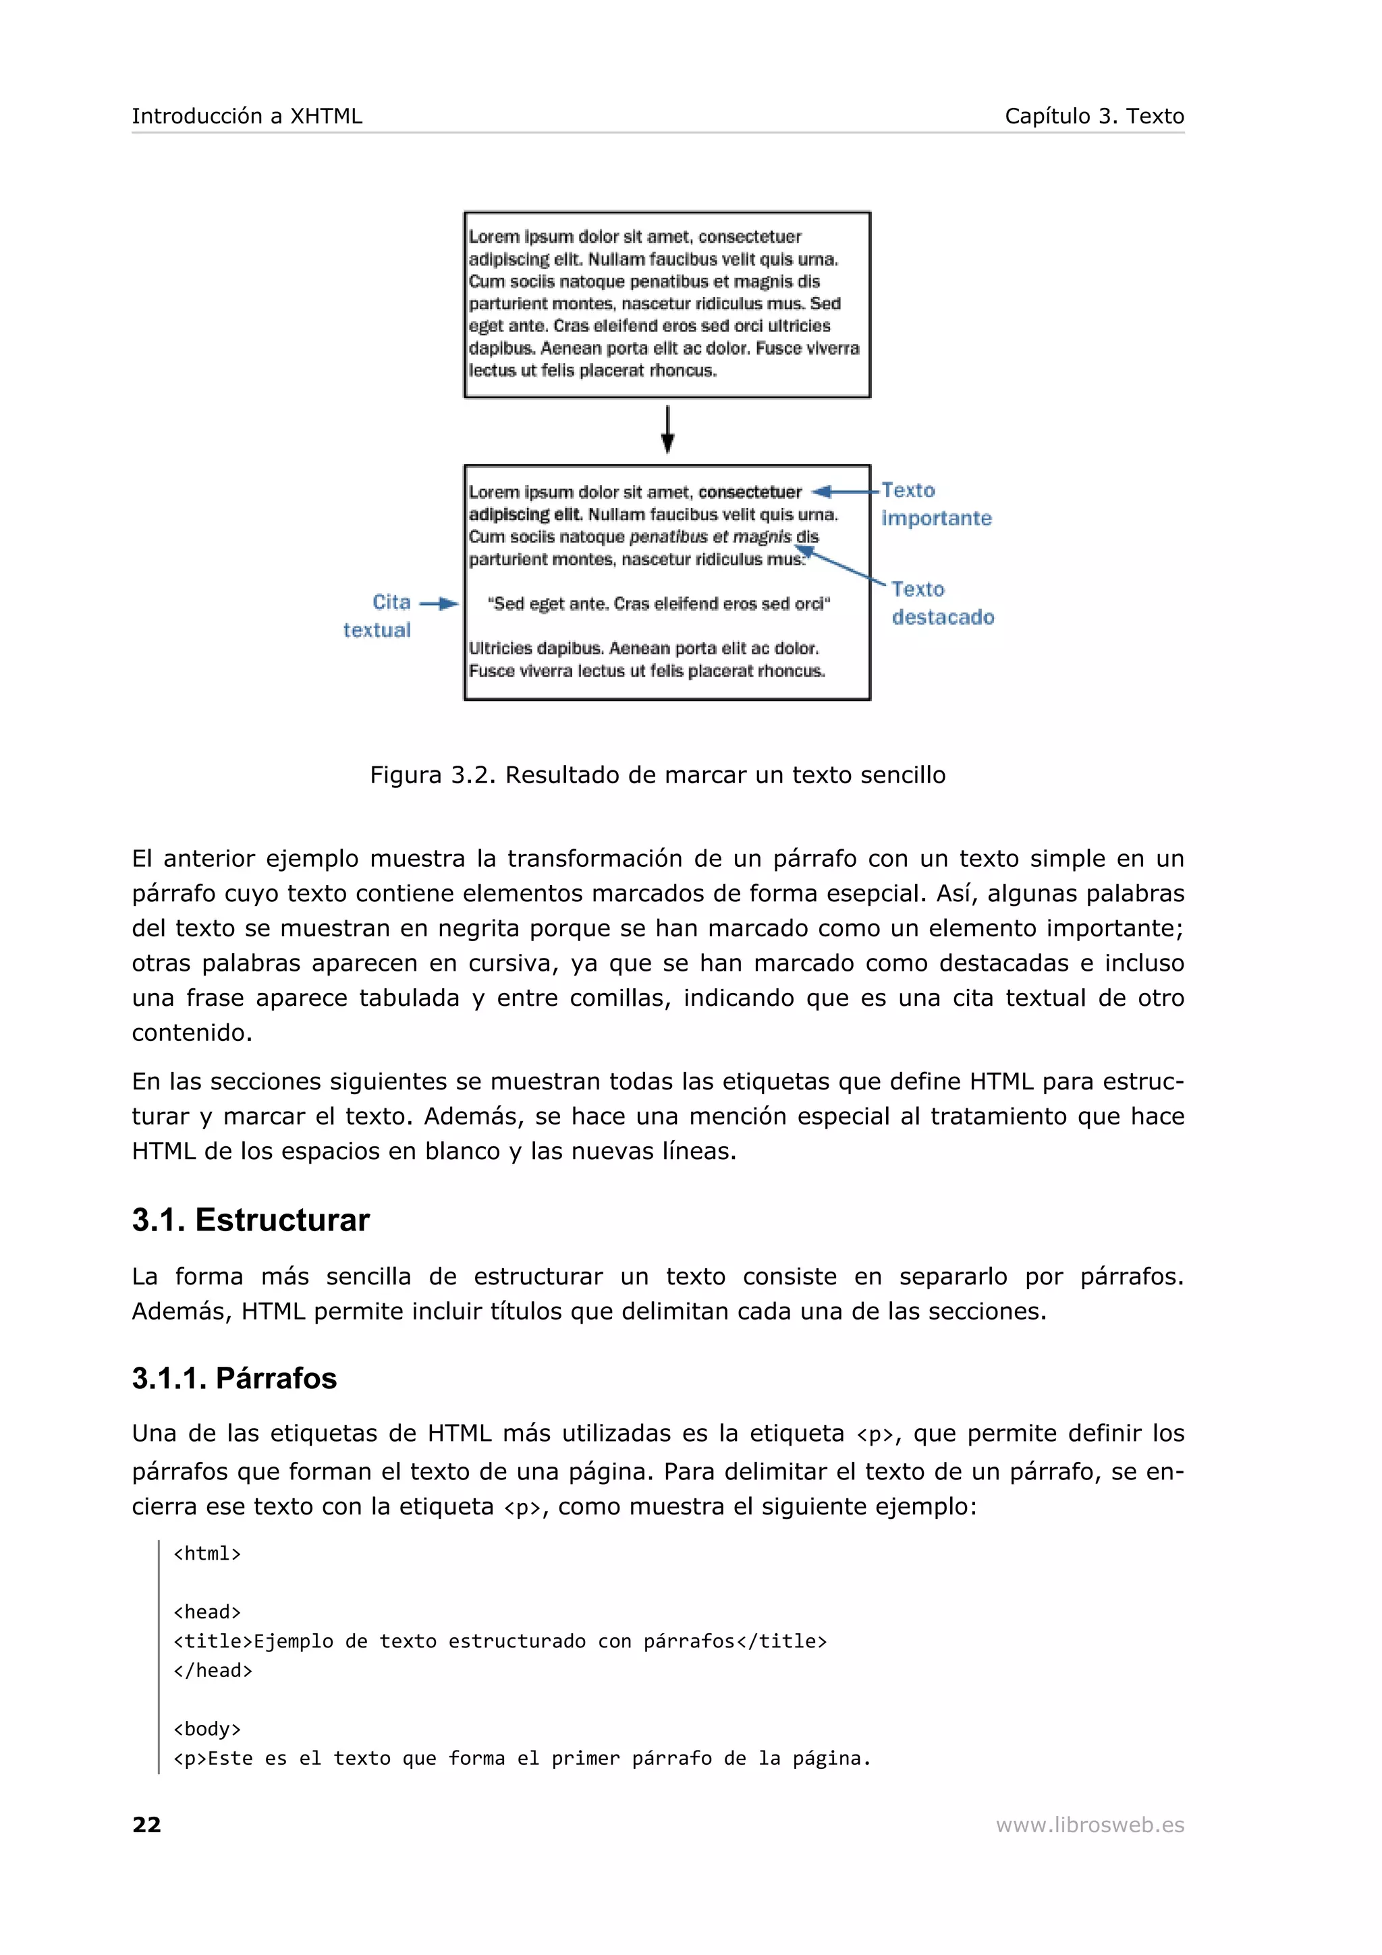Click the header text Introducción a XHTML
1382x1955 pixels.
[247, 116]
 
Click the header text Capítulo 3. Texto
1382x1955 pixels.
[1093, 116]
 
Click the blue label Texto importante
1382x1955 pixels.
[935, 504]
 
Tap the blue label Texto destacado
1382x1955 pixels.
[942, 603]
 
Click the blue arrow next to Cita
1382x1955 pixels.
[439, 604]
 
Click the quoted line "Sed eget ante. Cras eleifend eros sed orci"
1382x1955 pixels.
[658, 604]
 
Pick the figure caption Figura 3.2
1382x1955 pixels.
[657, 775]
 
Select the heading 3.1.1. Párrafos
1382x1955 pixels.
[234, 1378]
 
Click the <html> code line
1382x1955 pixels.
[207, 1554]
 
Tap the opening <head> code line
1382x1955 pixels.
[207, 1612]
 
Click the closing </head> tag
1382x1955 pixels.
[213, 1670]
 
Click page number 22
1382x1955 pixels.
[146, 1825]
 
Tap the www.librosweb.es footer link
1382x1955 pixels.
[1089, 1825]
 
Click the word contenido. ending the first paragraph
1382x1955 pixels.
[192, 1033]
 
